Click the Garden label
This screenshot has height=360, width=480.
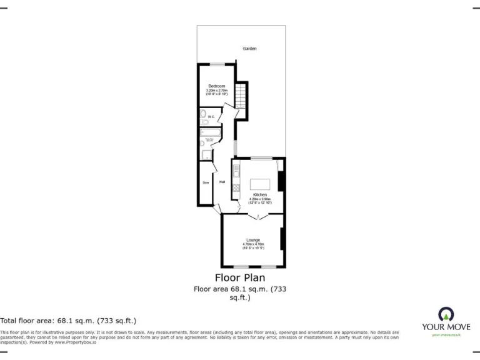click(x=250, y=48)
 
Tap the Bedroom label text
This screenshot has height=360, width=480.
click(x=216, y=86)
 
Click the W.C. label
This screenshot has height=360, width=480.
click(x=211, y=117)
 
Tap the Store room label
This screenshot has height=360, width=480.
click(x=205, y=182)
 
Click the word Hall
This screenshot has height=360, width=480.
click(x=222, y=182)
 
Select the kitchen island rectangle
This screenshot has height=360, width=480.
click(x=261, y=184)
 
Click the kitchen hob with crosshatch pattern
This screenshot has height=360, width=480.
click(x=237, y=187)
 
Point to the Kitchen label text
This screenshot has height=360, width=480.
click(x=260, y=195)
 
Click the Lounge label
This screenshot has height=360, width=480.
click(x=253, y=240)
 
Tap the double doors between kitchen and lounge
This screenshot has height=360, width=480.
click(x=258, y=216)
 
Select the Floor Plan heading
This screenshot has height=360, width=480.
click(x=240, y=277)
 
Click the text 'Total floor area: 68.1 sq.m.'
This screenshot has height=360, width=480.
click(x=68, y=320)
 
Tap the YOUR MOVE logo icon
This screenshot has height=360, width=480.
click(x=446, y=314)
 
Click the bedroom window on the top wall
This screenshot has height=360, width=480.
click(x=217, y=64)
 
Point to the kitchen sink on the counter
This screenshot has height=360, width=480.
click(x=236, y=169)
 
